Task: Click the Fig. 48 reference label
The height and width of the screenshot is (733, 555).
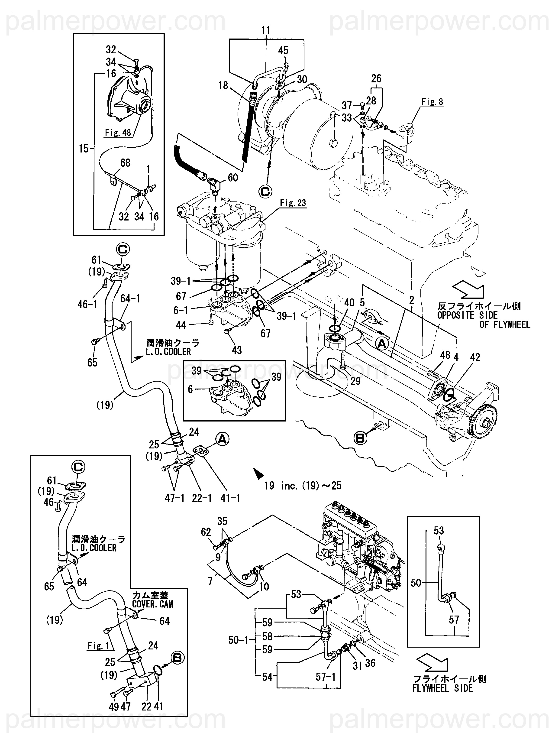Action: (x=118, y=133)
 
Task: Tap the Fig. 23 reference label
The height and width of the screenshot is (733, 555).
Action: (x=293, y=203)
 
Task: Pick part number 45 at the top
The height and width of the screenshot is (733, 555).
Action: (x=283, y=50)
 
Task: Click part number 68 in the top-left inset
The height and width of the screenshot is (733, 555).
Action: (x=125, y=163)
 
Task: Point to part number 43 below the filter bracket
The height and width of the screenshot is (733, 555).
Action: (x=237, y=350)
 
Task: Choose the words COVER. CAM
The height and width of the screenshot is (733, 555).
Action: (x=152, y=604)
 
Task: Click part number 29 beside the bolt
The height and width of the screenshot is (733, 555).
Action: (x=355, y=381)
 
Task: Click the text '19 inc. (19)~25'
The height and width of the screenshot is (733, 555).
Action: (x=303, y=486)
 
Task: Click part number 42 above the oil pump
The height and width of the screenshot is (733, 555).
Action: (x=475, y=357)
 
